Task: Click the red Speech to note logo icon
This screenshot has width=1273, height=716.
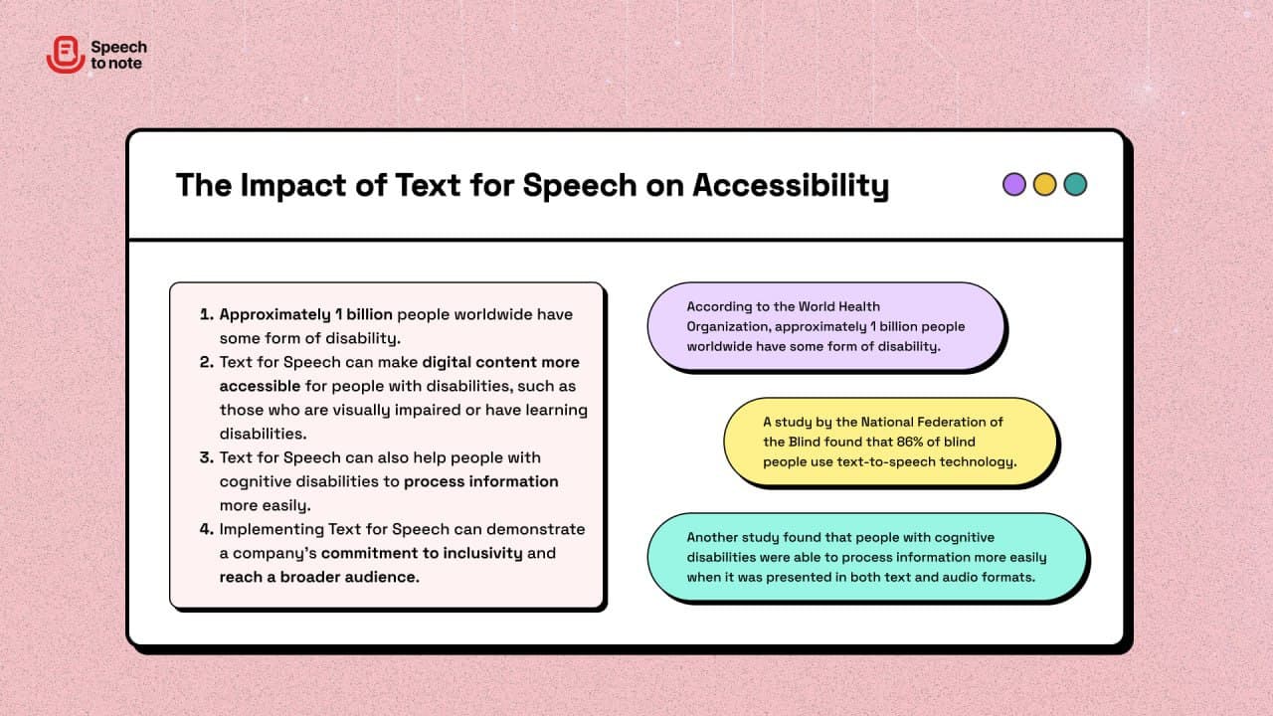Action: coord(66,55)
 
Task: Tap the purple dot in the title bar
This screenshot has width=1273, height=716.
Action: coord(1013,185)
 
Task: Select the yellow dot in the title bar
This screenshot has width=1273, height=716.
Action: coord(1044,185)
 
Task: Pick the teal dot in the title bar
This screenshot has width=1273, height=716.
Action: coord(1075,185)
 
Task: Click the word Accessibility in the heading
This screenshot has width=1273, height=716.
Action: coord(791,186)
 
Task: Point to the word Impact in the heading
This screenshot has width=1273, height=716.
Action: coord(293,186)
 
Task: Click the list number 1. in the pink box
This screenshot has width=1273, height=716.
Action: coord(207,314)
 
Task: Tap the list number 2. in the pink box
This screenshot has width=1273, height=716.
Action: coord(207,362)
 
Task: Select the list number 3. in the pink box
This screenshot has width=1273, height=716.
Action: coord(207,457)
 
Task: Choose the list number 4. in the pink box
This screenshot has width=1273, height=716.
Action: coord(207,529)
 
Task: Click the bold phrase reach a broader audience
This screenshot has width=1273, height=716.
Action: coord(319,577)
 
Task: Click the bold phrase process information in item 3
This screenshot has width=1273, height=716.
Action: coord(481,482)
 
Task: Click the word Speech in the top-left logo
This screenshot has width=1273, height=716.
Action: coord(118,47)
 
